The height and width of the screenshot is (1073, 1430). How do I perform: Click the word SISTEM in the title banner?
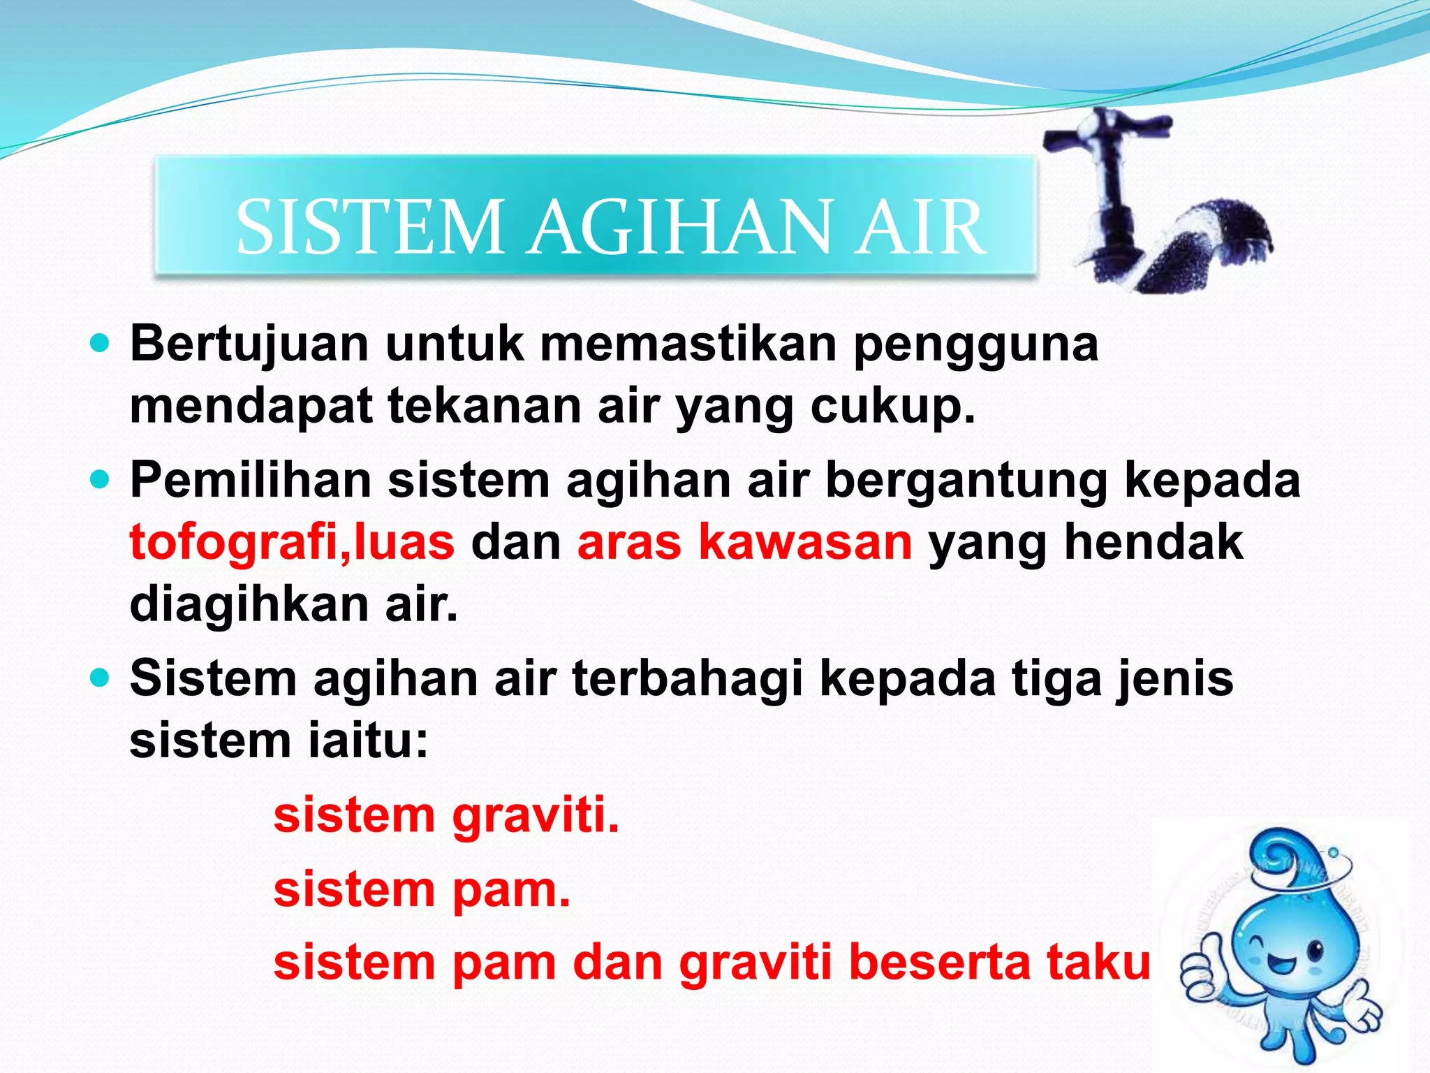click(369, 227)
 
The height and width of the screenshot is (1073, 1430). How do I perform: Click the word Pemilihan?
click(250, 481)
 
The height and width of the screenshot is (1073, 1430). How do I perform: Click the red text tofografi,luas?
click(292, 542)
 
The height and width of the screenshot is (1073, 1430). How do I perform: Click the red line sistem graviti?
click(446, 816)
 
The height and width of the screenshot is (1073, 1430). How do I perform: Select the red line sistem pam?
click(422, 890)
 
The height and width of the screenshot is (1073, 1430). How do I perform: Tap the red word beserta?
click(940, 963)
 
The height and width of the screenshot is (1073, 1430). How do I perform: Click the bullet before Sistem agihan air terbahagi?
click(101, 678)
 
